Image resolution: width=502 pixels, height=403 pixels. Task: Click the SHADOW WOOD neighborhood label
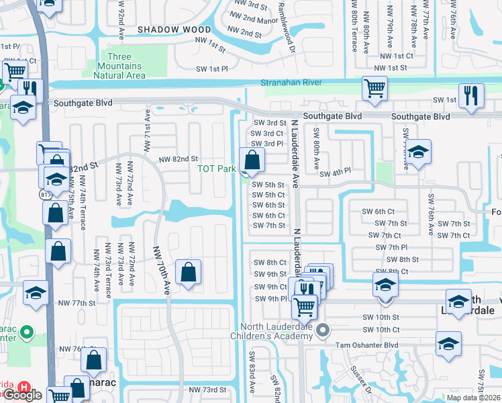(x=174, y=30)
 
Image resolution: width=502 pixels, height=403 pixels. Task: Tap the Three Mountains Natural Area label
(x=121, y=66)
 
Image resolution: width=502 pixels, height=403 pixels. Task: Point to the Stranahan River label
(x=291, y=83)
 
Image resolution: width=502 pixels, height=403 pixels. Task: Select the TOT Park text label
(x=215, y=168)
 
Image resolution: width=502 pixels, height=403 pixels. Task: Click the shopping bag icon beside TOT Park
(x=252, y=161)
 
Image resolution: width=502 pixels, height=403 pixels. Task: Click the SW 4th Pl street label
(x=335, y=174)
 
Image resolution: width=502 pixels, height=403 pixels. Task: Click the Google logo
(x=23, y=396)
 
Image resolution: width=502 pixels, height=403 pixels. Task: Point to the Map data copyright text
(x=473, y=398)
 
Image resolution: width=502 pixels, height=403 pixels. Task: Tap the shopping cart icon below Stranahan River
(x=374, y=88)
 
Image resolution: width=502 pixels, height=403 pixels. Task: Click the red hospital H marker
(x=23, y=388)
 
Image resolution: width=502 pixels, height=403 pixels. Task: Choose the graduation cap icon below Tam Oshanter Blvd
(x=448, y=343)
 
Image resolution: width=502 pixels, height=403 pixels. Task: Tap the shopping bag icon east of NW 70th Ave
(x=189, y=272)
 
